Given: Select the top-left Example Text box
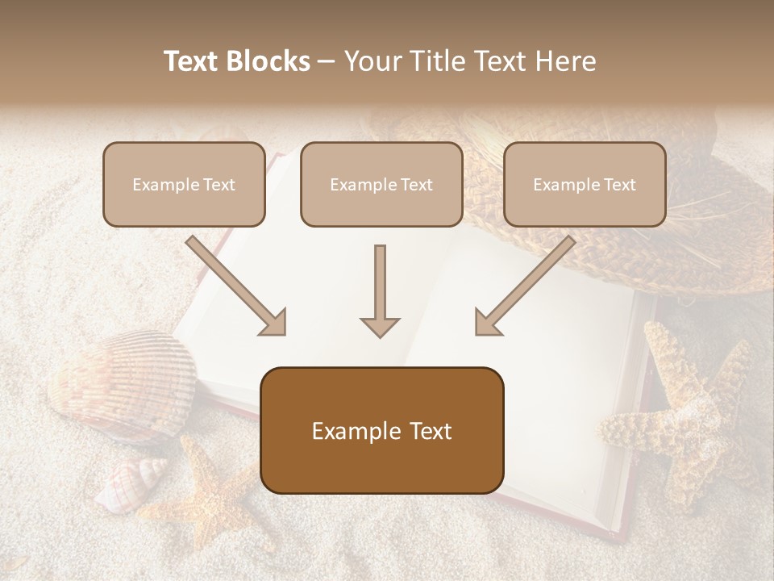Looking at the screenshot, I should coord(184,184).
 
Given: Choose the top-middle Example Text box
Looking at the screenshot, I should coord(381,184).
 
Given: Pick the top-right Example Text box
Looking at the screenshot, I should coord(585,184).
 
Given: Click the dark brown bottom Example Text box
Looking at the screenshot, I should coord(381,430).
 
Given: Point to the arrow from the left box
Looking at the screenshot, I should coord(235,286).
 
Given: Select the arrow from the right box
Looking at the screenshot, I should coord(525,286).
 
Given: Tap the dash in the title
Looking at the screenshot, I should coord(327,61).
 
